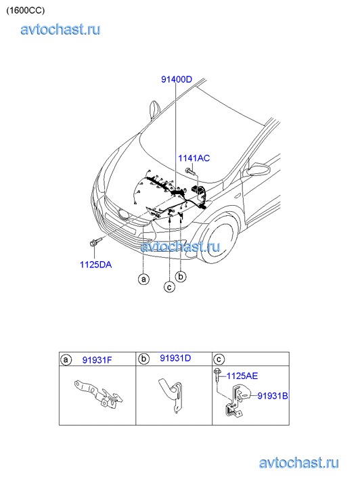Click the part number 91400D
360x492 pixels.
coord(177,79)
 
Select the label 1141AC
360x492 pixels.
coord(194,158)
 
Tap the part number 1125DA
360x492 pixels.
coord(95,265)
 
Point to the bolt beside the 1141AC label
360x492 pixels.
coord(190,171)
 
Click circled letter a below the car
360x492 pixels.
coord(143,279)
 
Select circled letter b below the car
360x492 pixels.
coord(181,276)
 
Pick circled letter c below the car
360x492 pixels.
coord(169,287)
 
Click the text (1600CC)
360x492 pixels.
coord(26,10)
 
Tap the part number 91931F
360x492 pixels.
coord(97,360)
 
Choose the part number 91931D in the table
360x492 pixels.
coord(175,358)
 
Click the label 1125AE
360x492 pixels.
coord(242,376)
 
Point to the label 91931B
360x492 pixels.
coord(273,396)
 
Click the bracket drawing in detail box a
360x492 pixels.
coord(99,393)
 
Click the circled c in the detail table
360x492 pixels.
coord(219,359)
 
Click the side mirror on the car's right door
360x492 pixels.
coord(258,170)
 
